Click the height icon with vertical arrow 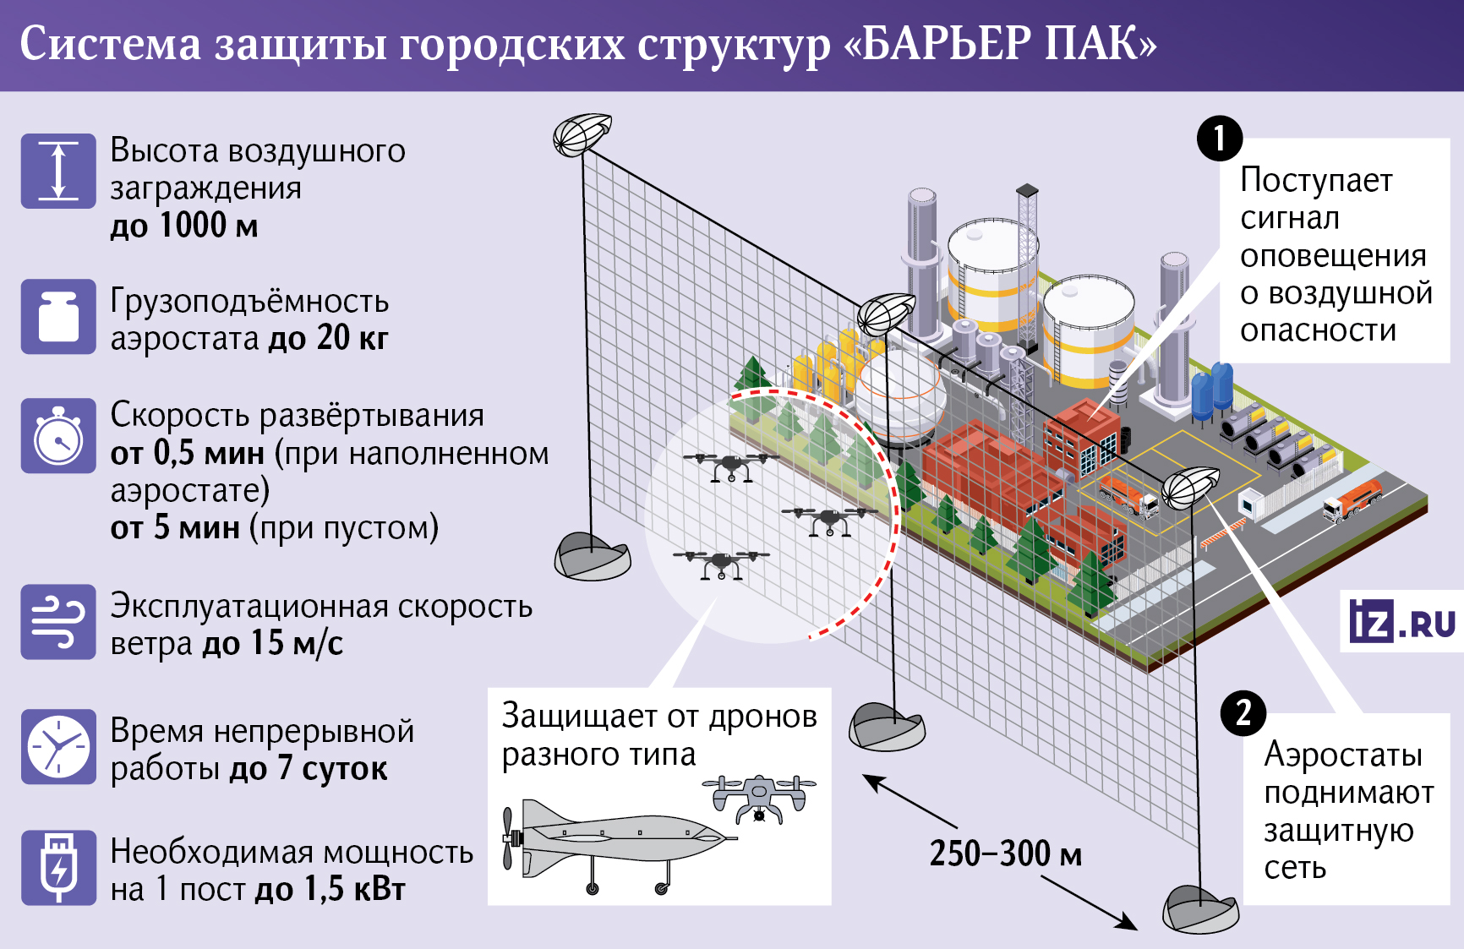(58, 171)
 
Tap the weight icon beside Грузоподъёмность (58, 317)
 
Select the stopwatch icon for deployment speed (58, 436)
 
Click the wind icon (58, 622)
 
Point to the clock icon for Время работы (58, 747)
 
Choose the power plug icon (58, 868)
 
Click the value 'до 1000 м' (184, 226)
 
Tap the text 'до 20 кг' (328, 339)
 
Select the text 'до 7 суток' (309, 769)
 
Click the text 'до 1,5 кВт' (330, 890)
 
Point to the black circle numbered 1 (1219, 139)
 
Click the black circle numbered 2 (1243, 713)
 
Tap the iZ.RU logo (1401, 623)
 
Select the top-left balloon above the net (582, 135)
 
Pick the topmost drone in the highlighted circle (730, 466)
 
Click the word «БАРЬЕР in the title (937, 44)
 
